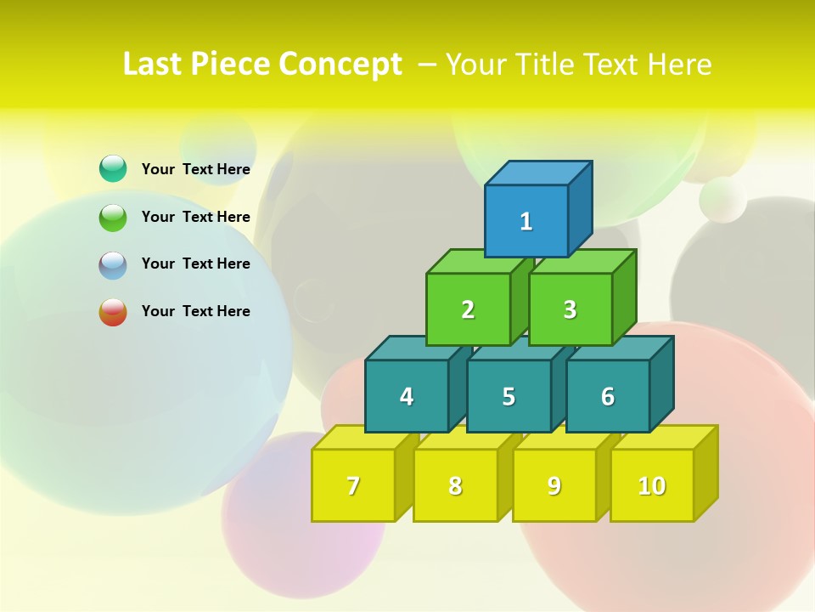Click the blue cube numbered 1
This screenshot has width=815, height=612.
(526, 221)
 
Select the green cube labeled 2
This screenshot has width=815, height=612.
(468, 309)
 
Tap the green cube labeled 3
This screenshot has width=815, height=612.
(570, 309)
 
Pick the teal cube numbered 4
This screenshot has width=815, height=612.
(407, 396)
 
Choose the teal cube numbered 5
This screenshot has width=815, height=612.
(509, 396)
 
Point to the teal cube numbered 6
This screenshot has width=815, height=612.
(608, 396)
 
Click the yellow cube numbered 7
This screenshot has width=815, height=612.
(353, 485)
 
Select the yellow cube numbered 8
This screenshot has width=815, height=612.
(455, 485)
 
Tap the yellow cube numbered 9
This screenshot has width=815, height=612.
(554, 485)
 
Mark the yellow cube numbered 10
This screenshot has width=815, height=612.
(652, 485)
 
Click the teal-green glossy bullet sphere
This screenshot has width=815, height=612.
(113, 168)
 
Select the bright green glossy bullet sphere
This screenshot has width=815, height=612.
(113, 217)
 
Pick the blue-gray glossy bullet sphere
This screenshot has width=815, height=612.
(113, 264)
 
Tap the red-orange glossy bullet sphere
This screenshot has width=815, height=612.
(113, 312)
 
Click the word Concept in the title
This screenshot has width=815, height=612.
(340, 65)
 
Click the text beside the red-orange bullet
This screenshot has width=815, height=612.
(196, 311)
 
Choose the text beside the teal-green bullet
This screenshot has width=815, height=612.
(196, 169)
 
